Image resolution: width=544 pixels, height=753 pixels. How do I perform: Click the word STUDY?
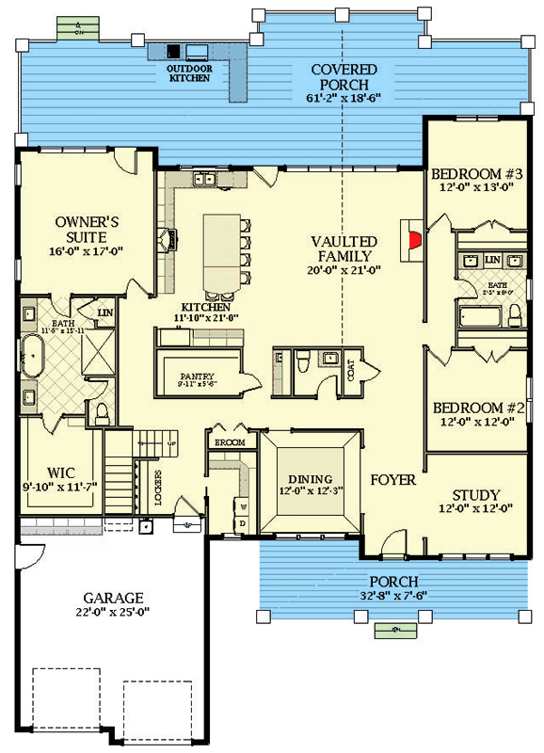coord(475,495)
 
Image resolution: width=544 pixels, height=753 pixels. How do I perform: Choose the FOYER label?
coord(392,480)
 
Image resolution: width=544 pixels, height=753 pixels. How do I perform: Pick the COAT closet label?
coord(351,374)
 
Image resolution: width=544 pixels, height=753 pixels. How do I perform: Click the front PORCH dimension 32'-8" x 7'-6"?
coord(392,597)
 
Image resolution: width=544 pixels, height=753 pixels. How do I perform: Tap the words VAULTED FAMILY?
coord(344,248)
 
